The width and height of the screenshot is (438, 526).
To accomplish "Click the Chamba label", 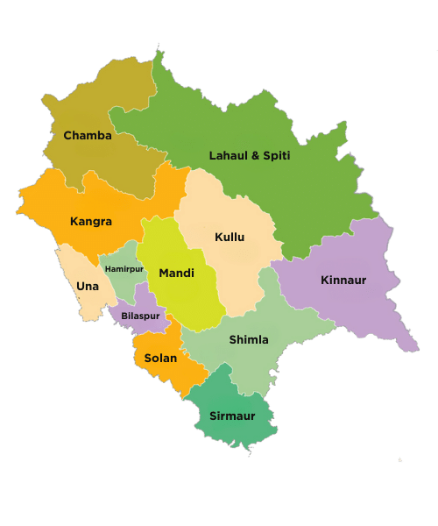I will tap(88, 135).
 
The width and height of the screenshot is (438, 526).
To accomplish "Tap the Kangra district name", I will tap(91, 222).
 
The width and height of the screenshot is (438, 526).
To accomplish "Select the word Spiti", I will tap(276, 156).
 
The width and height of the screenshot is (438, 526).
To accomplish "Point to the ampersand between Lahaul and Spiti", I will tap(255, 156).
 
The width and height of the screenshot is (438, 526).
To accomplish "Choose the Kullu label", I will tap(230, 237).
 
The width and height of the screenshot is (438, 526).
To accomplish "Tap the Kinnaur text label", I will tap(343, 281).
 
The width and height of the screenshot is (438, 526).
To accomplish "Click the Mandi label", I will tap(176, 274).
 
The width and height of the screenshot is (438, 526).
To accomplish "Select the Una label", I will tap(87, 287).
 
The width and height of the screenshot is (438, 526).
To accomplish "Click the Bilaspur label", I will tap(140, 316).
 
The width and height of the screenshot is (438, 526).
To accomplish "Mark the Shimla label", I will tap(249, 339).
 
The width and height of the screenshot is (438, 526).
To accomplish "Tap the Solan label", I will tap(160, 358).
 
